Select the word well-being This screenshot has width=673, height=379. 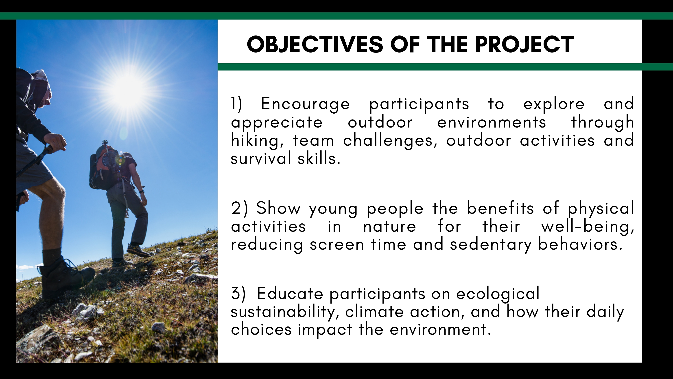click(588, 227)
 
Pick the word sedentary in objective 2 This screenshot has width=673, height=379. click(491, 245)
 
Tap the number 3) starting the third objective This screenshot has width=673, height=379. click(238, 293)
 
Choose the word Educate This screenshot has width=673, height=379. click(290, 293)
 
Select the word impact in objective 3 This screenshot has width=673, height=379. click(325, 330)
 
